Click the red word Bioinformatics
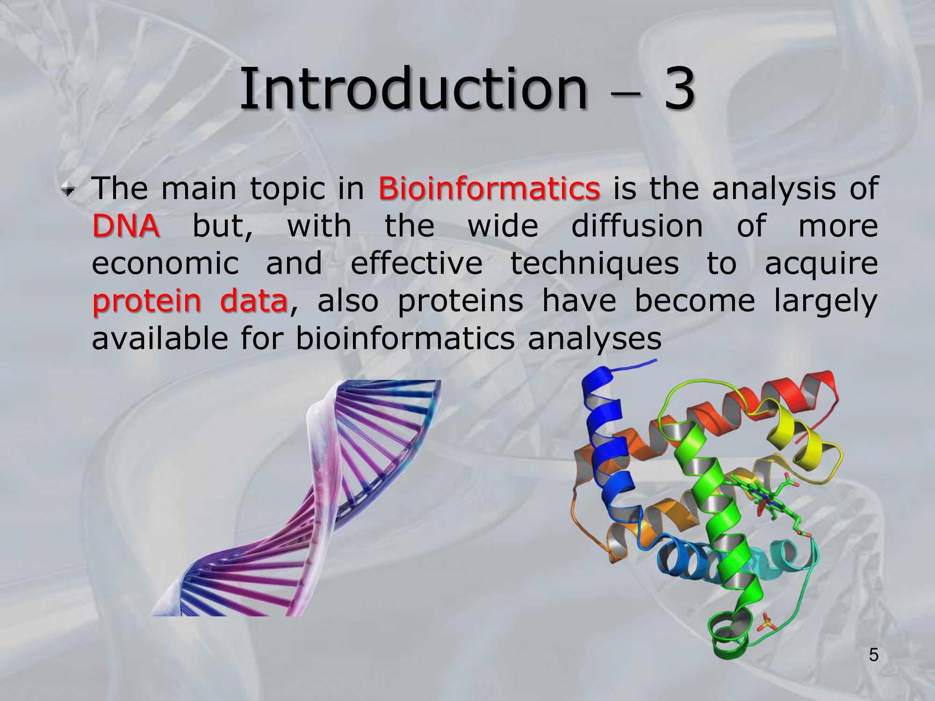pos(489,188)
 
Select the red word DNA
pos(126,226)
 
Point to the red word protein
pos(147,301)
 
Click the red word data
pos(254,300)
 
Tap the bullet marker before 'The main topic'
pos(68,189)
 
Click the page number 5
pos(874,655)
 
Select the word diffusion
pos(637,226)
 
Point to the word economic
pos(165,264)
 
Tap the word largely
pos(826,301)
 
